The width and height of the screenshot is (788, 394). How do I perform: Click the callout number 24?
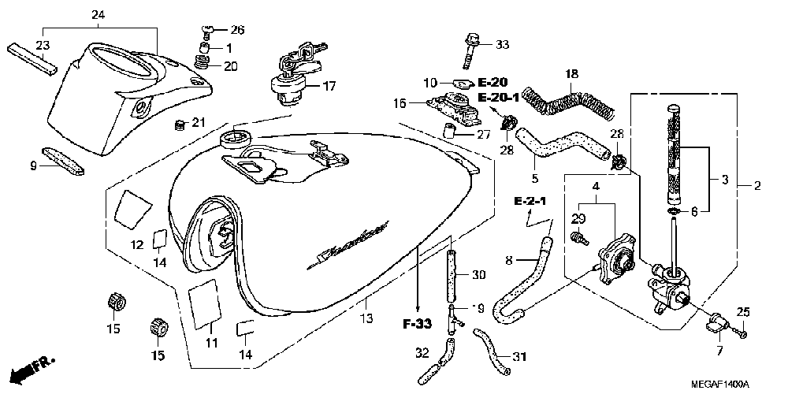pos(98,15)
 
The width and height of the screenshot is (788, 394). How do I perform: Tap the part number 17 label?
pos(328,85)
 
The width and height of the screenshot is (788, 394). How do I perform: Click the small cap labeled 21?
pos(179,125)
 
